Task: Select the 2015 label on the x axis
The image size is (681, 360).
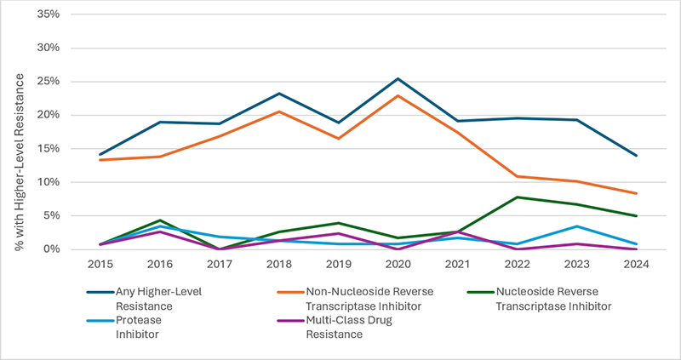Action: [x=100, y=264]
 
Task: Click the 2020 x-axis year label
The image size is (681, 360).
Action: [x=398, y=264]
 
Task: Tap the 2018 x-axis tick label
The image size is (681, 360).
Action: [x=278, y=264]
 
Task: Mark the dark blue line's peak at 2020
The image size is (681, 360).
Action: [x=398, y=79]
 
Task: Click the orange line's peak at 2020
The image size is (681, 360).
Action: [x=398, y=95]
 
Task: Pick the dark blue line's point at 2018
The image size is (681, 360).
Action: [x=278, y=94]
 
